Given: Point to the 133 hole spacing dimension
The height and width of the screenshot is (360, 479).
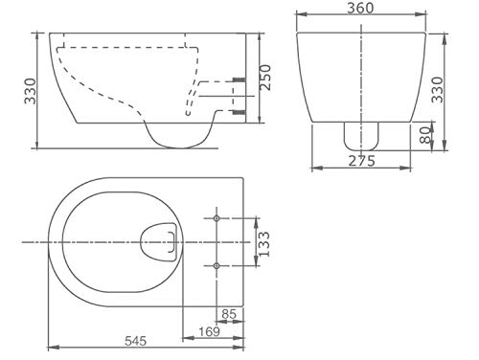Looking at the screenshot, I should pyautogui.click(x=270, y=240).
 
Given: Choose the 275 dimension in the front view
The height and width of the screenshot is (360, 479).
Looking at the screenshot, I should pyautogui.click(x=360, y=162).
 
